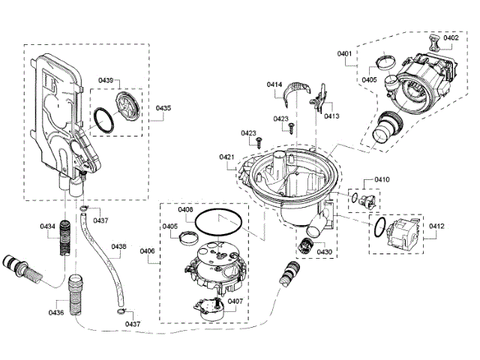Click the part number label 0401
[345, 53]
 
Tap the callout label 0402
[451, 37]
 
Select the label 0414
[274, 85]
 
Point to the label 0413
[331, 116]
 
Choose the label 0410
[382, 180]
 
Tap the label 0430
[324, 252]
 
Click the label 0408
[185, 210]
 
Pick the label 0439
[106, 80]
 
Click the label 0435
[163, 108]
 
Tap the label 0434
[46, 226]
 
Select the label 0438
[119, 246]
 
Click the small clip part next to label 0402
[433, 38]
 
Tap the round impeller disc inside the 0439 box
[125, 102]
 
